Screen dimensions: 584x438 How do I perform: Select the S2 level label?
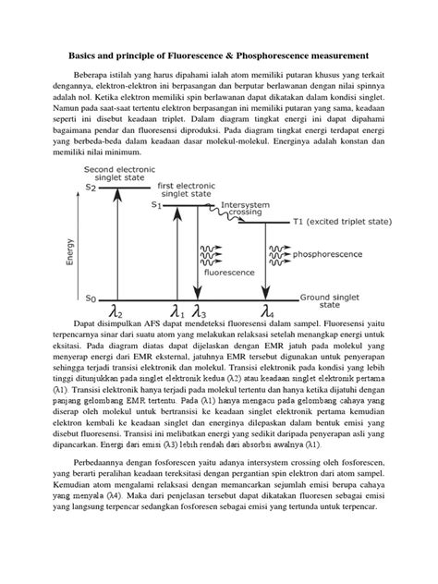90,188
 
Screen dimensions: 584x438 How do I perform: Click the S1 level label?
156,206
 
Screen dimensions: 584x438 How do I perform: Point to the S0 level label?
90,298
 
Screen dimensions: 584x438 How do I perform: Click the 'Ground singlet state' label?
331,302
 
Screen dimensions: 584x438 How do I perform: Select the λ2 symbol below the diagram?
116,311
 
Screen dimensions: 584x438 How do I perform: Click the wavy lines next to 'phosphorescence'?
279,251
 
